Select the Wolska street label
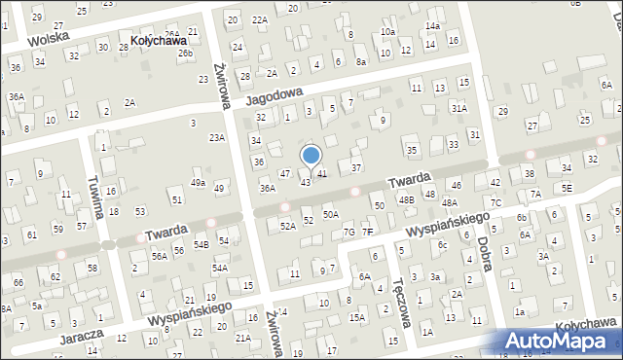49,40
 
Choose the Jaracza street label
76,333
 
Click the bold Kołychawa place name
158,42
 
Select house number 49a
198,183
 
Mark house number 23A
216,137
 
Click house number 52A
287,226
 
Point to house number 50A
331,214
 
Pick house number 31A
458,109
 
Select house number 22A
259,19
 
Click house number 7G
348,232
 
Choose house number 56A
160,256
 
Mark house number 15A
357,317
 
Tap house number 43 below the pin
306,182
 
